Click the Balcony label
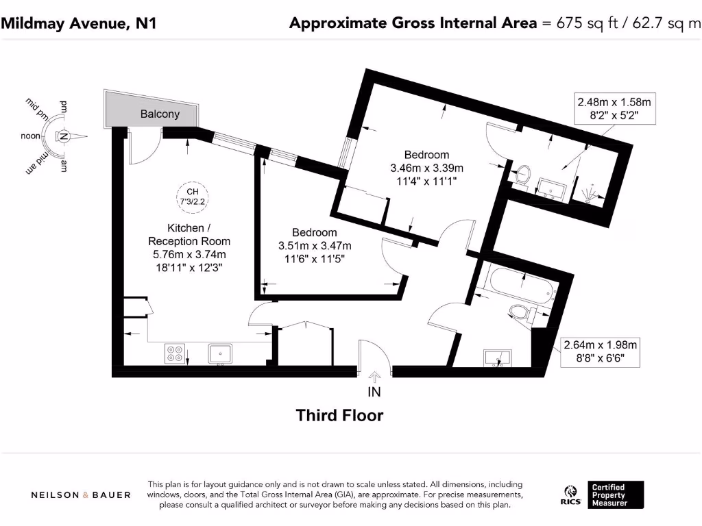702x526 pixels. point(160,114)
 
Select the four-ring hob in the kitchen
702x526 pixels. point(174,353)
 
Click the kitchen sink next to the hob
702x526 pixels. point(221,353)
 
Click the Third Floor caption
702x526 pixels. point(339,415)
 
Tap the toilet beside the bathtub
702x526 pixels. point(522,314)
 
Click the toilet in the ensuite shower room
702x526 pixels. point(523,174)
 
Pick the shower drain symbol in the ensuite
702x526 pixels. point(590,195)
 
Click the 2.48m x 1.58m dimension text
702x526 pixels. point(613,103)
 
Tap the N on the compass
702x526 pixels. point(63,136)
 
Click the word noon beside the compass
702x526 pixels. point(31,136)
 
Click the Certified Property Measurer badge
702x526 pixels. point(616,495)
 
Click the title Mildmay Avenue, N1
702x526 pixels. point(79,23)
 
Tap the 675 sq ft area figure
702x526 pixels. point(578,23)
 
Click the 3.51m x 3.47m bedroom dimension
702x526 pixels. point(315,246)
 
